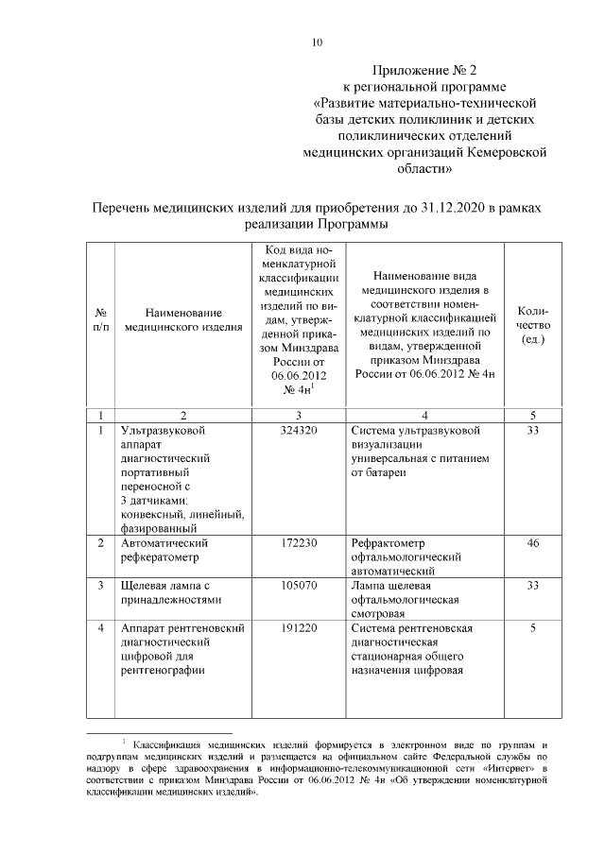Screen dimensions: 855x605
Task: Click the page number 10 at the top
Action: coord(318,42)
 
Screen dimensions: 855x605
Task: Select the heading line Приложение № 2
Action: coord(423,69)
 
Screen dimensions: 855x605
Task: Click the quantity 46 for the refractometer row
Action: coord(533,543)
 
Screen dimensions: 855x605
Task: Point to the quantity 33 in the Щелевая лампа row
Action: coord(533,586)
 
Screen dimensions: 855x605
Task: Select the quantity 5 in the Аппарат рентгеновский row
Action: coord(533,628)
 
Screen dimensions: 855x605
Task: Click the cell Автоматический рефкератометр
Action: coord(171,550)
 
